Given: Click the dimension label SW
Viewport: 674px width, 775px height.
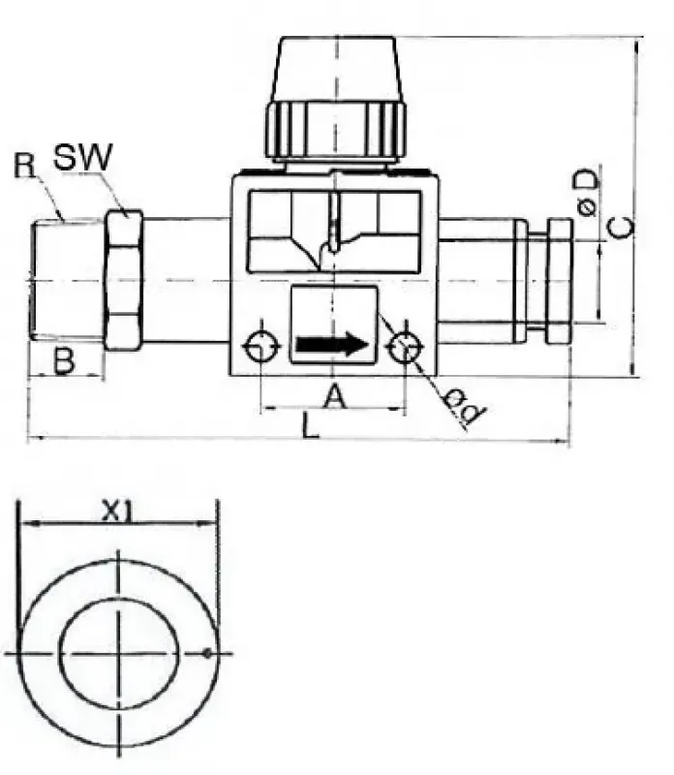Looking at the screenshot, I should click(82, 158).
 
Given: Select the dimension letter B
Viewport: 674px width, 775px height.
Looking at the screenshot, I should click(63, 361).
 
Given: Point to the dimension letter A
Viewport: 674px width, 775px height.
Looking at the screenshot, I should click(333, 395).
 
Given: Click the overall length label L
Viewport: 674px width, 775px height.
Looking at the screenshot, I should click(309, 426).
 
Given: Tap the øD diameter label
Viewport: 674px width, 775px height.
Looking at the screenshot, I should click(588, 193).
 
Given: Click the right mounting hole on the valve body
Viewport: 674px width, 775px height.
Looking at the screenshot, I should click(404, 346).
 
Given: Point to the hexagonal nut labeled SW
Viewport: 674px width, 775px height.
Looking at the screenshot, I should click(123, 281).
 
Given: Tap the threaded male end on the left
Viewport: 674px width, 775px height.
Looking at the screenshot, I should click(66, 281).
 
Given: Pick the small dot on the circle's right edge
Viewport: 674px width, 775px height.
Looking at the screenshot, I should click(207, 653).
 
